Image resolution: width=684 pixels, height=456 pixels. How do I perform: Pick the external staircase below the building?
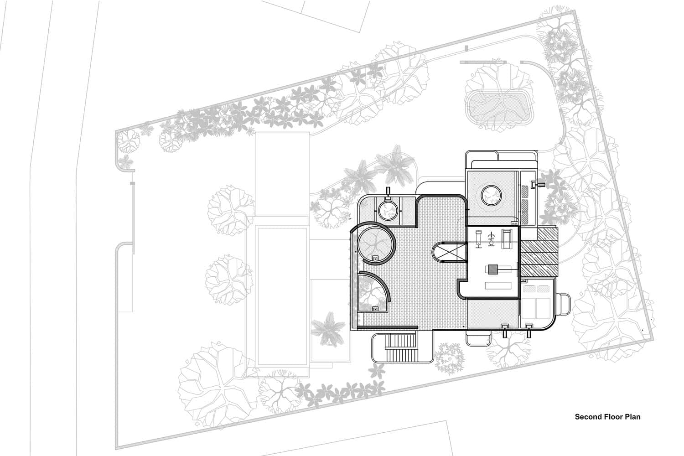(401, 347)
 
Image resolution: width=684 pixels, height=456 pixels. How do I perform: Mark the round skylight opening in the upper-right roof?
(491, 196)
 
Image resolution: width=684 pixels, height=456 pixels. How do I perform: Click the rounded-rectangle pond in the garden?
(499, 106)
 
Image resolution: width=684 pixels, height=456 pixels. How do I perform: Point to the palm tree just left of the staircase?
(327, 328)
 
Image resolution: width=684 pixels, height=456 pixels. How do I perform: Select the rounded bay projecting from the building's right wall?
(563, 305)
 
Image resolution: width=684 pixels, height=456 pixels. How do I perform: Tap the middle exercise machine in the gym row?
(492, 238)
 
